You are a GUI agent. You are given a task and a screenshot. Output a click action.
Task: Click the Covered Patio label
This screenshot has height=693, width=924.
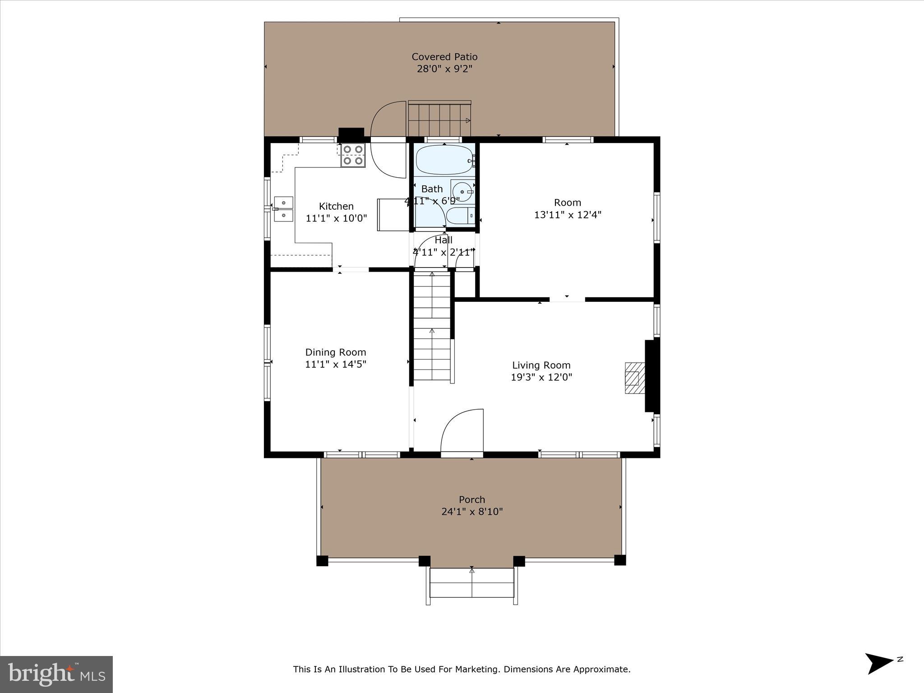click(444, 57)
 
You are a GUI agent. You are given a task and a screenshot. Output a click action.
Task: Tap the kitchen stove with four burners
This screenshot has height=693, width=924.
click(352, 155)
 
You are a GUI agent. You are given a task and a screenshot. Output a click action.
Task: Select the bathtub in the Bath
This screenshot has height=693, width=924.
click(444, 160)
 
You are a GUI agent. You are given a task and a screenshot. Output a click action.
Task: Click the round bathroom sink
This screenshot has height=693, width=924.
click(462, 192)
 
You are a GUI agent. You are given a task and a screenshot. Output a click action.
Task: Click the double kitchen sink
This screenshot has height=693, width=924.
click(283, 209)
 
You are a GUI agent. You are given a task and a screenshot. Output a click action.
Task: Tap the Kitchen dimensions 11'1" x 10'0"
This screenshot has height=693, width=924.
click(336, 218)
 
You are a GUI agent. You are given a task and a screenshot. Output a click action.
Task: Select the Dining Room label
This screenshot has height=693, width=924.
click(335, 352)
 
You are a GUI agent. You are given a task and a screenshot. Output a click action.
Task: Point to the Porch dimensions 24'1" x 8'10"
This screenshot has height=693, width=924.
click(472, 512)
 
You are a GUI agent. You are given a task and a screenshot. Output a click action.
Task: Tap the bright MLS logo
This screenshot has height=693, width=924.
click(56, 674)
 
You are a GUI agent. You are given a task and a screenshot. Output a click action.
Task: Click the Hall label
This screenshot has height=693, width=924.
click(443, 240)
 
